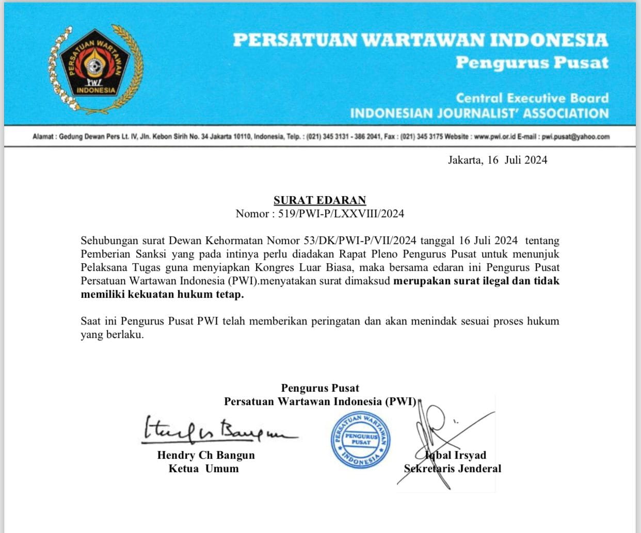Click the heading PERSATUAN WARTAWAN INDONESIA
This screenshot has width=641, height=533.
point(420,40)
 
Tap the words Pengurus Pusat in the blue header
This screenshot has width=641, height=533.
point(532,63)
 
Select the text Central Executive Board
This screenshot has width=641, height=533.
point(532,98)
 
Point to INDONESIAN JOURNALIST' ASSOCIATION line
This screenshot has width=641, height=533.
point(479,114)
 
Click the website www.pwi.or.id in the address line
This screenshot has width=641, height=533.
point(494,137)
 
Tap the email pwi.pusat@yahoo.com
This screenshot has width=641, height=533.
point(575,137)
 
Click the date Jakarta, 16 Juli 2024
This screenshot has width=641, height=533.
point(497,160)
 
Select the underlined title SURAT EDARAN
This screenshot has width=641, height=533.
point(319,200)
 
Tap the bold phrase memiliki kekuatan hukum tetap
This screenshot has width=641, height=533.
point(162,295)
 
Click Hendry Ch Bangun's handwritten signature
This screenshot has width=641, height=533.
point(217,431)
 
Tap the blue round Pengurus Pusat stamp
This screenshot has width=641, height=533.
point(361,440)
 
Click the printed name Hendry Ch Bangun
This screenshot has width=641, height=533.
point(206,455)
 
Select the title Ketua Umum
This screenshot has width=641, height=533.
point(203,469)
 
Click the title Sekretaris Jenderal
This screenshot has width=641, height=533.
point(453,469)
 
